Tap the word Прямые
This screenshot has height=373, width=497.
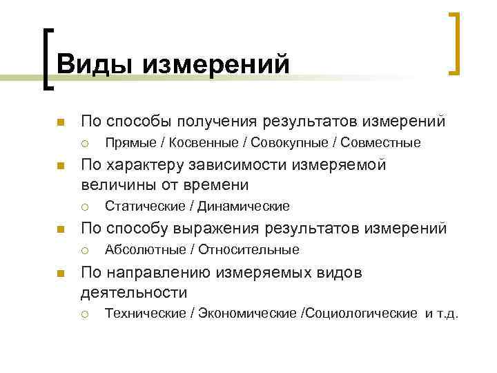point(130,143)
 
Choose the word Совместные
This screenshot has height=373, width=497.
point(372,143)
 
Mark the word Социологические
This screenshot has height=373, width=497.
point(359,314)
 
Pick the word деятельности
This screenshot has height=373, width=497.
point(134,291)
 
